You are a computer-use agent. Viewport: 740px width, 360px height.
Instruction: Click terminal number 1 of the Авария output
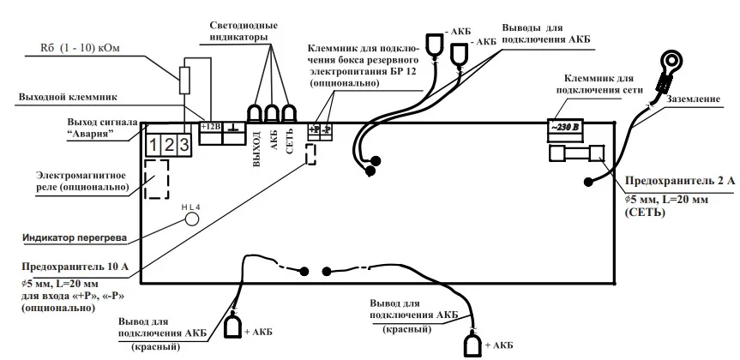click(154, 144)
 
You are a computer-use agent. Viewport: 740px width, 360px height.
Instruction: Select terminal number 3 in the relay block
click(183, 144)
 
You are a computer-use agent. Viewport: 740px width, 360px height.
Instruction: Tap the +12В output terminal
click(210, 128)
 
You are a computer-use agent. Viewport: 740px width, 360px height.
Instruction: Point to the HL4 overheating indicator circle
click(192, 219)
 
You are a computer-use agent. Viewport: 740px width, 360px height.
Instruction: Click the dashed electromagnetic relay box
click(156, 179)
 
